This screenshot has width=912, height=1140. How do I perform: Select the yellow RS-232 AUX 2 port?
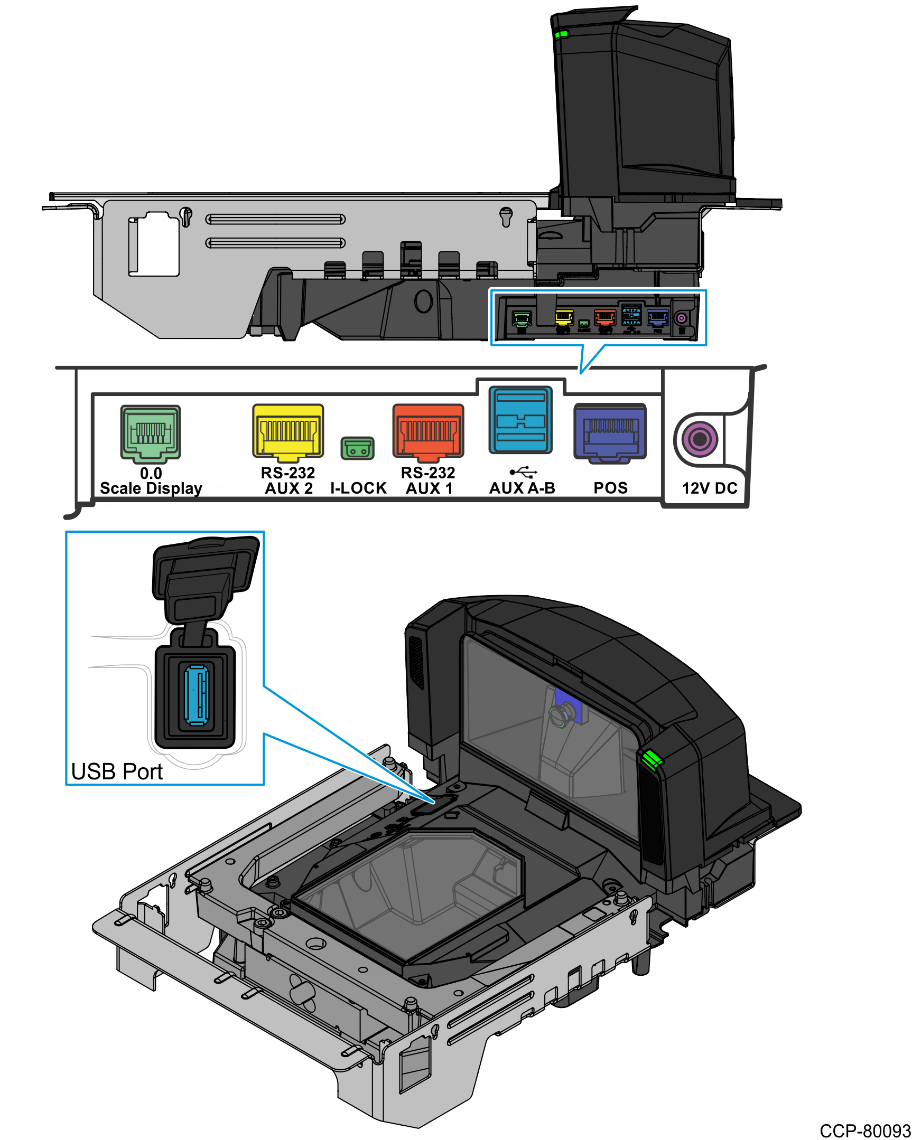tap(288, 430)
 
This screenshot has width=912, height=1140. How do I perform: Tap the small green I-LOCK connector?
tap(357, 448)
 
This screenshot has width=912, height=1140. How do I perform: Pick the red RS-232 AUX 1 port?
tap(428, 430)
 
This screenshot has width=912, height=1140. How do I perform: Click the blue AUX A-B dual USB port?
tap(520, 420)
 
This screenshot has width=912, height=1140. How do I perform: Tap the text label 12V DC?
tap(709, 488)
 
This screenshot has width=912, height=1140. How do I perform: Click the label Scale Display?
tap(151, 488)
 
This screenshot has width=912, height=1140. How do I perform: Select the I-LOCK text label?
tap(358, 488)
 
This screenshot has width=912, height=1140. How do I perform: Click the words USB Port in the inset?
tap(116, 771)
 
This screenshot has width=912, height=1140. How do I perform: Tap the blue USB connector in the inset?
tap(196, 695)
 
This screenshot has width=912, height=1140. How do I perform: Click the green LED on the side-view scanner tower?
tap(561, 35)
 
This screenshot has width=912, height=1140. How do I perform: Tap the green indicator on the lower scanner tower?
tap(652, 759)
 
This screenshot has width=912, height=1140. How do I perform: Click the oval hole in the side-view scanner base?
tap(423, 301)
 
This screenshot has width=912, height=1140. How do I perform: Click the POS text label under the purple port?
tap(610, 488)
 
